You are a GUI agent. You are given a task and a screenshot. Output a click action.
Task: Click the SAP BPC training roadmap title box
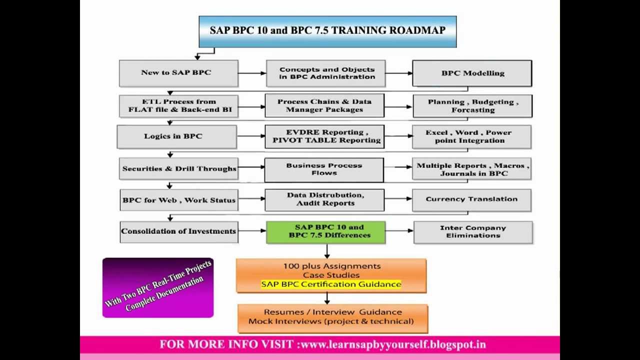[x=327, y=31]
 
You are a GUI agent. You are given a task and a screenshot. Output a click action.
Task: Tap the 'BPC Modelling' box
[x=472, y=73]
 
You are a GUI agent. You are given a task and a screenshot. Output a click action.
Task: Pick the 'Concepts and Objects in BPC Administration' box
[x=326, y=73]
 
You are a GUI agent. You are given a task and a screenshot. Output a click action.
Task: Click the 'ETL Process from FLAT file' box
[x=178, y=105]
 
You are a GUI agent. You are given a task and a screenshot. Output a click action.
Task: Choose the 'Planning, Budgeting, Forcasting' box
[x=472, y=106]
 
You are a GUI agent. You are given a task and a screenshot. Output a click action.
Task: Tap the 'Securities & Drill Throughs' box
[x=178, y=169]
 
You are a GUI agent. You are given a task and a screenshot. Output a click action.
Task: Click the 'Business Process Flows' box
[x=324, y=169]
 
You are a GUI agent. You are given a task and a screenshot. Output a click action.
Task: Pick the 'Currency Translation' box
[x=471, y=199]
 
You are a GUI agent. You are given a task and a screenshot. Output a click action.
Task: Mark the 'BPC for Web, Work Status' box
[x=178, y=200]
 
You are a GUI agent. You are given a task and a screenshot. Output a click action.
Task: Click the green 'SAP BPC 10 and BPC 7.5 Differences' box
[x=325, y=232]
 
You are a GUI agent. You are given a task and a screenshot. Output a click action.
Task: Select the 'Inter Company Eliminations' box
[x=473, y=232]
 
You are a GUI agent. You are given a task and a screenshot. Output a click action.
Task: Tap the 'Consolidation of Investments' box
[x=178, y=231]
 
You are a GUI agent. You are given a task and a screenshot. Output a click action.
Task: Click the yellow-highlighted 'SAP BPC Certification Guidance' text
[x=331, y=284]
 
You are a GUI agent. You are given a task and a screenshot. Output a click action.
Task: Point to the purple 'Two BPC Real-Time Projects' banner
[x=158, y=287]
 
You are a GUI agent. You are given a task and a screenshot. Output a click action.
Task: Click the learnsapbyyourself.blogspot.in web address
[x=393, y=344]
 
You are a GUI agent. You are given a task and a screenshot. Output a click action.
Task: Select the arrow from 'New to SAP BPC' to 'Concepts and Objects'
[x=252, y=73]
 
